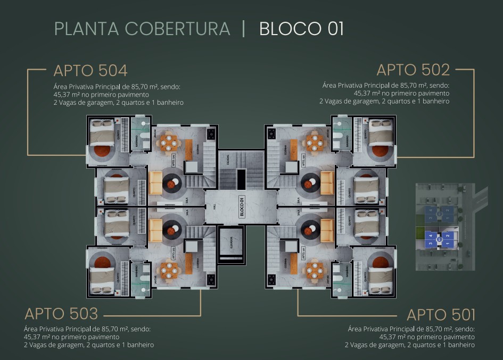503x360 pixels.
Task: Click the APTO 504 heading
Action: pos(90,70)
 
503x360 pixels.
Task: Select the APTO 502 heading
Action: pos(413,70)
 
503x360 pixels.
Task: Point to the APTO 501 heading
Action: pos(441,314)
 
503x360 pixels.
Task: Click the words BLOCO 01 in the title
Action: pos(301,29)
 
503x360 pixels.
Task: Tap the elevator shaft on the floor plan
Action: pos(230,244)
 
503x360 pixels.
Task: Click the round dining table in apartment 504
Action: pos(169,142)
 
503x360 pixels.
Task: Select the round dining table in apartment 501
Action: pos(312,270)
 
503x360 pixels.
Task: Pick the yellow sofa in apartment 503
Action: pos(155,230)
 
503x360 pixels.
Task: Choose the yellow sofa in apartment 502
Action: pos(326,182)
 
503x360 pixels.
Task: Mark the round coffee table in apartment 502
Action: pos(309,184)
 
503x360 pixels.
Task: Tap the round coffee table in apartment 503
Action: pos(171,230)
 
